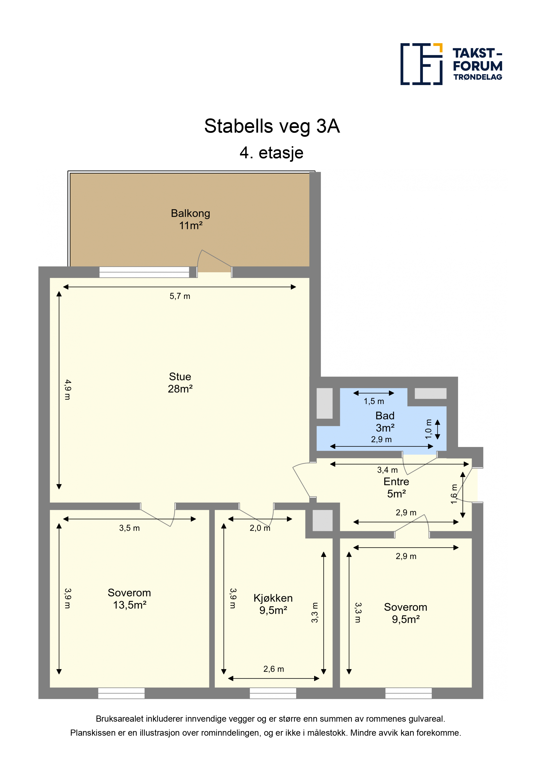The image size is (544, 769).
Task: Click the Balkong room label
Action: point(190,213)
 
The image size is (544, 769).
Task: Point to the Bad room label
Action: point(385,416)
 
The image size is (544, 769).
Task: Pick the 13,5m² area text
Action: point(130,605)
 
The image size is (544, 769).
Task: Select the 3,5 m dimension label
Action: point(129,528)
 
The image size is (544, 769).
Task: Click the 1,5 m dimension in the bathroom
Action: point(374,401)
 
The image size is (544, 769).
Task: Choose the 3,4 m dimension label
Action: point(387,470)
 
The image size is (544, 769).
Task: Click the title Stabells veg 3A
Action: point(272,126)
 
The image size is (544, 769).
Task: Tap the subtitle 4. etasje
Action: point(272,153)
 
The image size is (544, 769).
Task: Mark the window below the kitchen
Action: point(273,693)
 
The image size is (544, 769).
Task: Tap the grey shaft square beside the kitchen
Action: point(322,520)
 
